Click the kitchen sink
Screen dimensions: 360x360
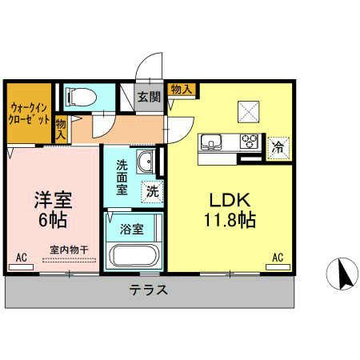212,144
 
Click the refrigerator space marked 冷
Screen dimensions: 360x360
278,147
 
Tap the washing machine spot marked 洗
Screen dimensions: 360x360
150,191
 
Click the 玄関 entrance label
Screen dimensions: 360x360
148,97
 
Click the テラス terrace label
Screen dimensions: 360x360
149,290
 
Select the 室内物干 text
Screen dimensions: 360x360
67,250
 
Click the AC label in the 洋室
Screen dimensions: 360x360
22,258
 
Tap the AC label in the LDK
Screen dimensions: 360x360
278,258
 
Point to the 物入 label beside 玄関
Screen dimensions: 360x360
181,89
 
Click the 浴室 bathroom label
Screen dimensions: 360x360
132,229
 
